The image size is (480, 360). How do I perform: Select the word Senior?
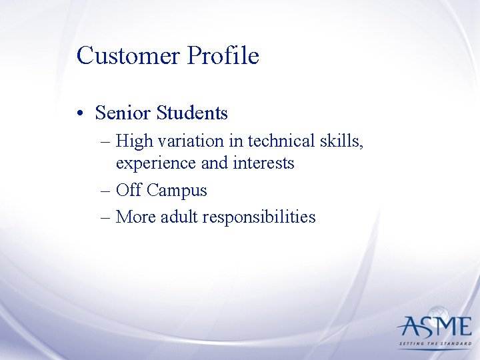click(x=123, y=113)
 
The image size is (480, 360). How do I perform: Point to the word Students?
click(x=192, y=113)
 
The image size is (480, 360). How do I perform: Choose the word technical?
click(x=278, y=141)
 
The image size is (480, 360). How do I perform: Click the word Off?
click(x=129, y=190)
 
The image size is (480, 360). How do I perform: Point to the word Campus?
click(x=177, y=191)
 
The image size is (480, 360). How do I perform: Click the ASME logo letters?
click(x=434, y=327)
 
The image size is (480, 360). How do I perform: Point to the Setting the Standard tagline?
click(x=434, y=345)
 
